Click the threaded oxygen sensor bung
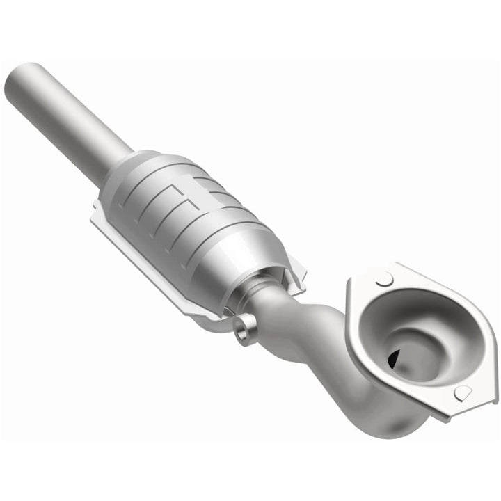pyautogui.click(x=243, y=330)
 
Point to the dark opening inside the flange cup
pyautogui.click(x=394, y=356)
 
